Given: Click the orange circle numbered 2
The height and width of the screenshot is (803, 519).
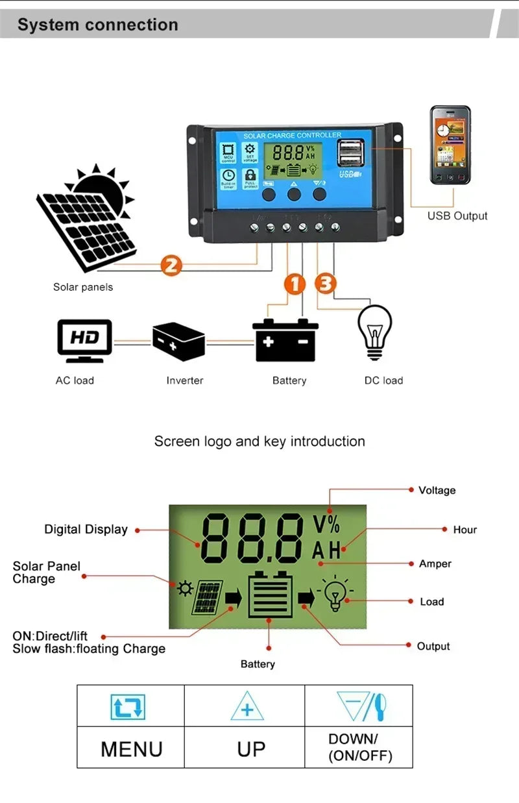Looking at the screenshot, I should pyautogui.click(x=171, y=265).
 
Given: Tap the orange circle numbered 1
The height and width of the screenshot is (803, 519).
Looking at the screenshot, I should pyautogui.click(x=295, y=284).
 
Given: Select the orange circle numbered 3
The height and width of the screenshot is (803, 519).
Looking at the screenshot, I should pyautogui.click(x=326, y=284).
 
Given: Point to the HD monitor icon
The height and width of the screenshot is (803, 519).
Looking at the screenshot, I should pyautogui.click(x=84, y=340).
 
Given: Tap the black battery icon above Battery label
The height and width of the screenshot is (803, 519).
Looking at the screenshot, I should pyautogui.click(x=285, y=340).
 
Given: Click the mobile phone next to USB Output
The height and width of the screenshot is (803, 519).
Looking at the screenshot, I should pyautogui.click(x=450, y=147).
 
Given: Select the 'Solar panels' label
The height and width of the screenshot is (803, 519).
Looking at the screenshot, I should pyautogui.click(x=83, y=287).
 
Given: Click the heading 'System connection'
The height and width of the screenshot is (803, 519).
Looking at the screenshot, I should pyautogui.click(x=98, y=25).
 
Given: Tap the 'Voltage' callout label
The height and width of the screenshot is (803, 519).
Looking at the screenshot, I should pyautogui.click(x=437, y=490).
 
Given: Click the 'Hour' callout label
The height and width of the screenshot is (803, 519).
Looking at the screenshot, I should pyautogui.click(x=465, y=530).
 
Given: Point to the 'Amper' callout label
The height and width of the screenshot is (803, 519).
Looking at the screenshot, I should pyautogui.click(x=435, y=563).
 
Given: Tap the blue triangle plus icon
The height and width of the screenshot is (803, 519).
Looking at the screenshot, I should pyautogui.click(x=247, y=707).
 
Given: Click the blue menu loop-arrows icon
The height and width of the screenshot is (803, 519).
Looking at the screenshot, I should pyautogui.click(x=127, y=707).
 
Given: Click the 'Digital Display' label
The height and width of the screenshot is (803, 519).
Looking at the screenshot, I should pyautogui.click(x=86, y=529).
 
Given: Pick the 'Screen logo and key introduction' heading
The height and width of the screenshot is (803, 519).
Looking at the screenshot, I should pyautogui.click(x=259, y=441).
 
